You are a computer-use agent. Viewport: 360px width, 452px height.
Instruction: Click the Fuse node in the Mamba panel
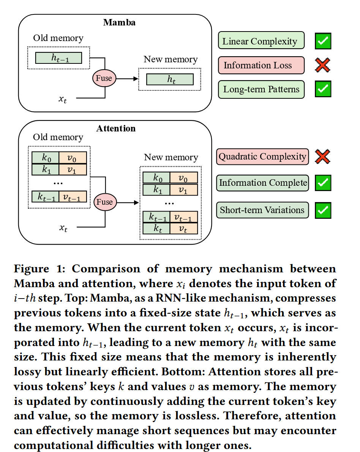point(104,78)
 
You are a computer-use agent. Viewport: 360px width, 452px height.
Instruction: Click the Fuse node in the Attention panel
point(105,202)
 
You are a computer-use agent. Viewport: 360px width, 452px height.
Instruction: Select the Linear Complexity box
point(261,40)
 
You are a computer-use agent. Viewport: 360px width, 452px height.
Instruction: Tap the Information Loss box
point(261,65)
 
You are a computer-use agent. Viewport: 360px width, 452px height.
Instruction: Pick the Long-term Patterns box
point(261,89)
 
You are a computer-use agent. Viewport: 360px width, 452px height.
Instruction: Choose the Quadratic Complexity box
point(262,156)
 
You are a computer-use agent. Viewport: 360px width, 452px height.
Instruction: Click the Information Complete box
point(262,183)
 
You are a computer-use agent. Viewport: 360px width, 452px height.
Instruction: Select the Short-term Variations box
point(262,210)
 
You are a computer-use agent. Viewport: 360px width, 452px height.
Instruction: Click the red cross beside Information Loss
point(322,65)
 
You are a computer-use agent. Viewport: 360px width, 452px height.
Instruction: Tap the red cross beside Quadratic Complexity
point(322,156)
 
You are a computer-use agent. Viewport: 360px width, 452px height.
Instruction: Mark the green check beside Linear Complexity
point(323,41)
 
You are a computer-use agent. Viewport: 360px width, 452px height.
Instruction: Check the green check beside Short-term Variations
point(323,210)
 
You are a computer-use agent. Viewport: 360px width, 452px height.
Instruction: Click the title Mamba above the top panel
point(119,22)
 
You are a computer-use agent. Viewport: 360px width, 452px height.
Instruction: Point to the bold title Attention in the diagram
point(116,128)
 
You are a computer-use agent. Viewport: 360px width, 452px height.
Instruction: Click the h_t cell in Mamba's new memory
point(170,79)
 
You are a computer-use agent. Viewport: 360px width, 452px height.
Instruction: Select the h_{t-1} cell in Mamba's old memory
point(58,58)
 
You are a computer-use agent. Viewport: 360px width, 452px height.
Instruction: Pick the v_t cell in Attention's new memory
point(183,229)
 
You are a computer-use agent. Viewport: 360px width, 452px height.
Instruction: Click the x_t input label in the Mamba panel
point(63,99)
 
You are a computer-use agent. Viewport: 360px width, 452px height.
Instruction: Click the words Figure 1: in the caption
point(39,269)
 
